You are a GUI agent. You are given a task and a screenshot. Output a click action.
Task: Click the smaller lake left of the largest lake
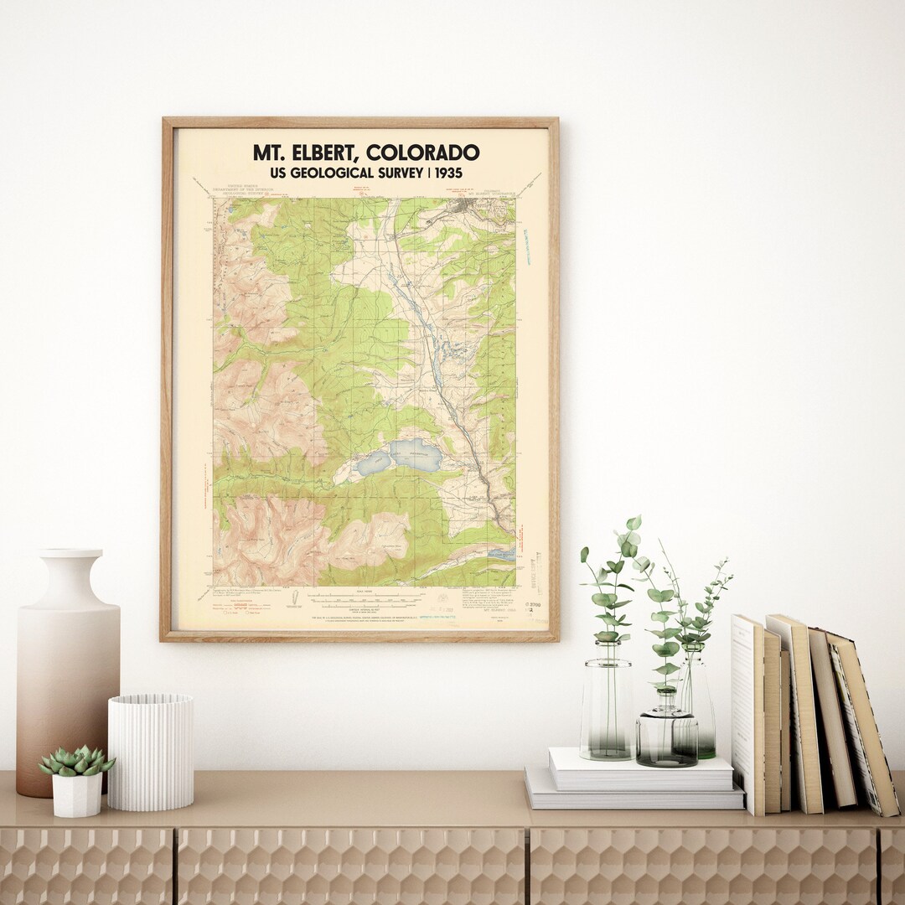[374, 463]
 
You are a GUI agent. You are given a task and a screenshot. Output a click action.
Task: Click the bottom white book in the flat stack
[633, 799]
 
